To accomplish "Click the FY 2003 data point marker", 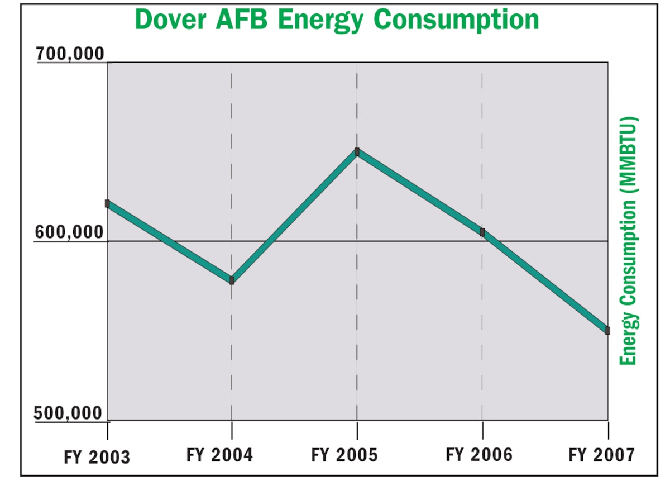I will (x=108, y=203).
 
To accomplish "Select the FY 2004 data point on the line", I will (x=232, y=280).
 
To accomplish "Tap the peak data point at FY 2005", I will (x=357, y=151).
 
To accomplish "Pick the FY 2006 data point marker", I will (x=482, y=232).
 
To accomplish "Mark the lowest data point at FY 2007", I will (x=607, y=330).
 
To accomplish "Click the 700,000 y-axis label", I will (x=70, y=55).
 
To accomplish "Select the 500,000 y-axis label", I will (x=69, y=414).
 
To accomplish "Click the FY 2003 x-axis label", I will (x=97, y=457).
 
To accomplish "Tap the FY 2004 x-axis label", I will (x=219, y=454).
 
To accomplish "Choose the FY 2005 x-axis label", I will (x=344, y=455).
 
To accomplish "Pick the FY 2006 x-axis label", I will (x=478, y=454).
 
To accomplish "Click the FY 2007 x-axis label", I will (x=602, y=455).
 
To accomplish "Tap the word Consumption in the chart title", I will (x=456, y=20).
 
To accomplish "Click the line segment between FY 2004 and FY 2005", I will (x=294, y=216).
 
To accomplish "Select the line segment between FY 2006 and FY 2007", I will (x=545, y=281).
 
